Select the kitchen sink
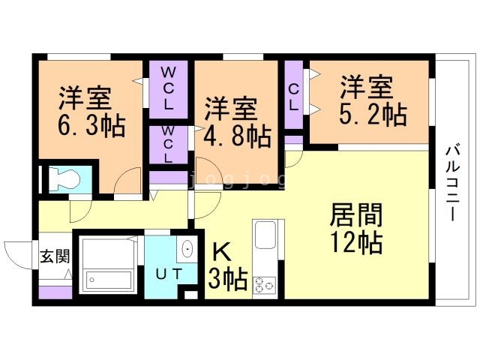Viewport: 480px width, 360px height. tap(265, 235)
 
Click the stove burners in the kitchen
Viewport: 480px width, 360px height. tap(265, 285)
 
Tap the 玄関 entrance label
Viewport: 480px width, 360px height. tap(54, 256)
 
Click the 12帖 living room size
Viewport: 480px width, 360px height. tap(356, 244)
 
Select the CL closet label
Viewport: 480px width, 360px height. tap(294, 97)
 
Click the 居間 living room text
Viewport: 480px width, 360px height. tap(356, 216)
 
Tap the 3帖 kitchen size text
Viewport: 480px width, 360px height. tap(228, 280)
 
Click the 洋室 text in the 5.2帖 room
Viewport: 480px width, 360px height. tap(366, 86)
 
